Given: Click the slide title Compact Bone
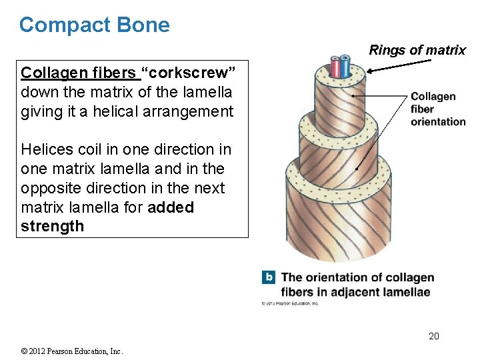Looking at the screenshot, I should (x=94, y=25).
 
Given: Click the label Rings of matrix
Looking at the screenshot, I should (x=417, y=51).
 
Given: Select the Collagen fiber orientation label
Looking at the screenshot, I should (x=437, y=109).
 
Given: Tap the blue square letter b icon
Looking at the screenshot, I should (x=268, y=277).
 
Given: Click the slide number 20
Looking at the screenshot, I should (x=433, y=336).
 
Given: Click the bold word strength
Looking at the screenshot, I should (x=53, y=226).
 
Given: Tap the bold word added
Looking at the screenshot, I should (x=171, y=207).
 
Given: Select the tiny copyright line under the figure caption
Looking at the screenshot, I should (x=289, y=303).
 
